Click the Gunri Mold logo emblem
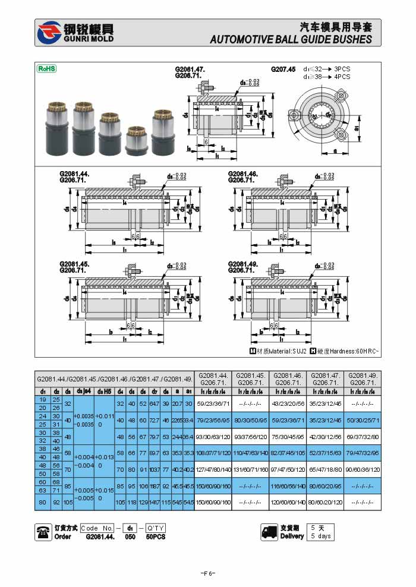pos(48,33)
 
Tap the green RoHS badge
pos(47,68)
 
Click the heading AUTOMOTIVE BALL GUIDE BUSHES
pos(291,40)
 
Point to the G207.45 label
pos(283,70)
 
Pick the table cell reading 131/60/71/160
pos(250,469)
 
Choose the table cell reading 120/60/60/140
pos(288,502)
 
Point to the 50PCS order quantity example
pos(156,536)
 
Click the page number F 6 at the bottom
pos(207,573)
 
